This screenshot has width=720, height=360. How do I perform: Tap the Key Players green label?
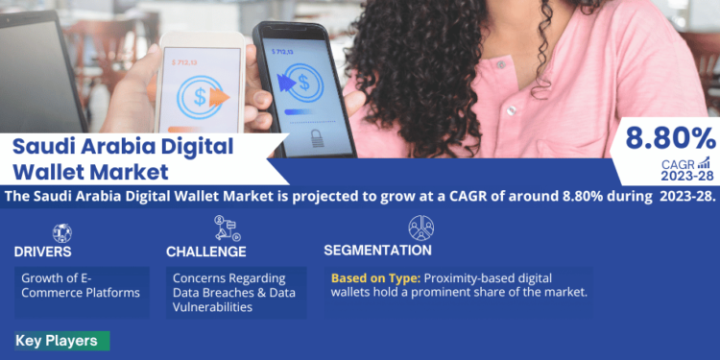tap(57, 341)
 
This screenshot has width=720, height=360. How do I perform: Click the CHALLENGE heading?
tap(205, 252)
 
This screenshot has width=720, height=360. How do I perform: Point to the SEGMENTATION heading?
tap(377, 251)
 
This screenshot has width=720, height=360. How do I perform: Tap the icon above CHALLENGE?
tap(228, 228)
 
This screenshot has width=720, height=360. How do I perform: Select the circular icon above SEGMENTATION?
tap(420, 228)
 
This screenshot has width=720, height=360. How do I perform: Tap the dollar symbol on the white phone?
tap(201, 96)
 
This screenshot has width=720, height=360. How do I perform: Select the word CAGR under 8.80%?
tap(678, 164)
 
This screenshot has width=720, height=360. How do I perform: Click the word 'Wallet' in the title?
tap(53, 173)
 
